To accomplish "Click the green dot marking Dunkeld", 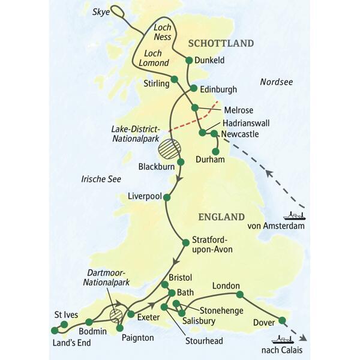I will point(190,60).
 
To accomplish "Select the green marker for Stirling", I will point(175,79).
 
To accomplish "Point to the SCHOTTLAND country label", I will point(221,43).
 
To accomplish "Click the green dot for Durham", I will point(216,151).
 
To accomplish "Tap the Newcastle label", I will point(240,134).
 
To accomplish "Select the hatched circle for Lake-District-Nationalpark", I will point(169,148).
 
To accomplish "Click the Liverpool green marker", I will point(167,197).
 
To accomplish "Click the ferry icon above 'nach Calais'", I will point(281,339).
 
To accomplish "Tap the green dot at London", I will point(240,294).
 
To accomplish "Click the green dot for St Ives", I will point(64,325).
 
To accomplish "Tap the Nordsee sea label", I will point(276,82).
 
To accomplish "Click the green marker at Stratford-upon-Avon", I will point(185,242).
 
